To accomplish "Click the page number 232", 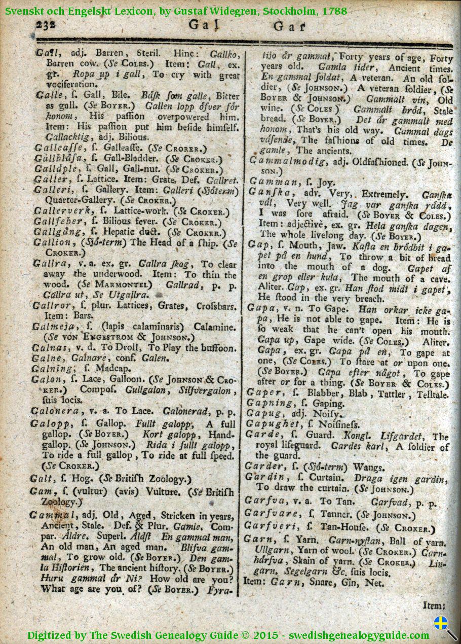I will coord(46,24).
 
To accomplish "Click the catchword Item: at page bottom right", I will coord(434,605).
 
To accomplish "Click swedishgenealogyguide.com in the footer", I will coord(359,635).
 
